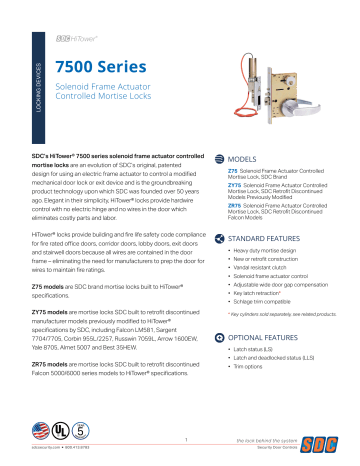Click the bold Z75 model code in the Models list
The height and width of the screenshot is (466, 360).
click(233, 171)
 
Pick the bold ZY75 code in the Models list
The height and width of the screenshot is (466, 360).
click(234, 187)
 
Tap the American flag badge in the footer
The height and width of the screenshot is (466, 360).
click(40, 432)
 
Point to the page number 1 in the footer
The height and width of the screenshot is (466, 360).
click(186, 437)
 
